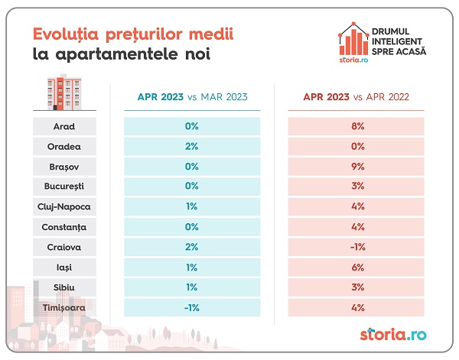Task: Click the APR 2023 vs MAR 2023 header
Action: point(192,98)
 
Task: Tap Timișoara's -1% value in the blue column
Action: point(192,307)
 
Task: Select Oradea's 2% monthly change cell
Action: point(192,146)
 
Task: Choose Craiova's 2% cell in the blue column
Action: point(192,247)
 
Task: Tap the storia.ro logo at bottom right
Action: point(392,335)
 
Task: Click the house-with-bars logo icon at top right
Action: point(352,42)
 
